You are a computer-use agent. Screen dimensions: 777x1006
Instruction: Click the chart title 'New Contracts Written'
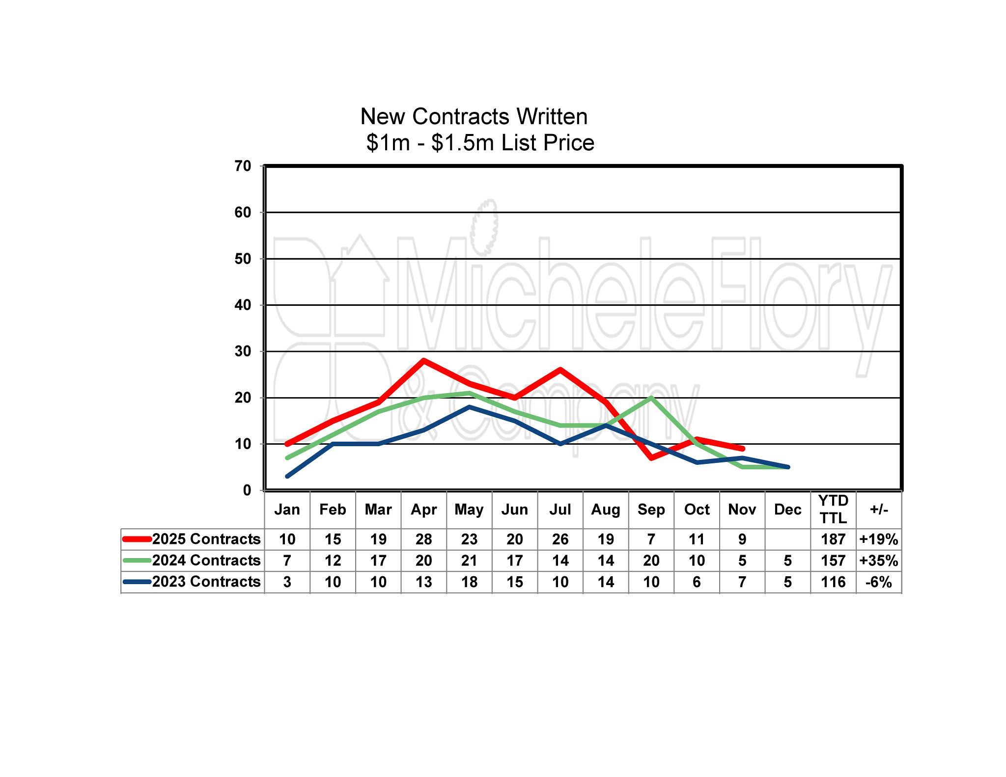[474, 117]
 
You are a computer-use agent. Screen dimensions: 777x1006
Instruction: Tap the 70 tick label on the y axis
[243, 166]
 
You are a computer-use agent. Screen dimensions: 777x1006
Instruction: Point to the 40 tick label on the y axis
[243, 305]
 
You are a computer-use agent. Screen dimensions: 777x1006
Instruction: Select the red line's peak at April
[423, 361]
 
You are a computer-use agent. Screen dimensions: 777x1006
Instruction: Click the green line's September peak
[651, 398]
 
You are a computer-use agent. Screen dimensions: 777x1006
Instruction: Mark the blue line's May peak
[469, 407]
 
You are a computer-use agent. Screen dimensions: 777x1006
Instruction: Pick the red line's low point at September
[651, 458]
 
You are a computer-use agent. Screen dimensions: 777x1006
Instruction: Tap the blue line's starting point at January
[287, 476]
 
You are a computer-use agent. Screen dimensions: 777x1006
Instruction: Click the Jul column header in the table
[560, 509]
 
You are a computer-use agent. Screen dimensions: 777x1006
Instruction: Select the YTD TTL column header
[833, 509]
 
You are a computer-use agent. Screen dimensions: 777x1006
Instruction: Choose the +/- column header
[879, 509]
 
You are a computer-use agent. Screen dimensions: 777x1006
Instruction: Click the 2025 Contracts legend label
[206, 539]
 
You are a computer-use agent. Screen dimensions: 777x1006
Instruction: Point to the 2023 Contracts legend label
[206, 582]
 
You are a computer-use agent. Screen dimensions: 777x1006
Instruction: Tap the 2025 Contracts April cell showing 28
[423, 539]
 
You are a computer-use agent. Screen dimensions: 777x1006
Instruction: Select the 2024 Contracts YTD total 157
[833, 561]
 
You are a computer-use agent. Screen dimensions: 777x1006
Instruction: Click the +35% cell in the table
[879, 561]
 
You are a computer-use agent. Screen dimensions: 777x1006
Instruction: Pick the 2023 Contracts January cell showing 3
[287, 582]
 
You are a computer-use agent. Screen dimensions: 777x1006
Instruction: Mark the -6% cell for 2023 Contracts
[879, 582]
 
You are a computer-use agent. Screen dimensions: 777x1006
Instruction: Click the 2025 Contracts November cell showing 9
[742, 539]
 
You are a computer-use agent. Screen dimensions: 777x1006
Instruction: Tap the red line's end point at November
[742, 449]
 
